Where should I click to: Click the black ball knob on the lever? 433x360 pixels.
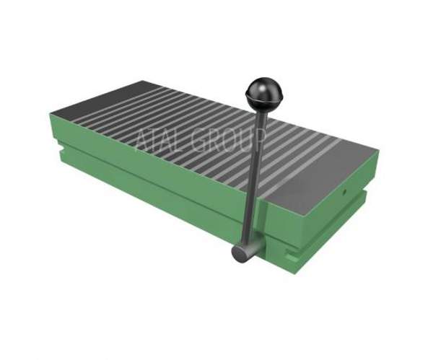(x=261, y=94)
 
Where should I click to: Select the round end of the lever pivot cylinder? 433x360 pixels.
(x=239, y=254)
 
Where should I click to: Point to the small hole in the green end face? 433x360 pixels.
(x=344, y=190)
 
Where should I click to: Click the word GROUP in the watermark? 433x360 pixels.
(x=229, y=141)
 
